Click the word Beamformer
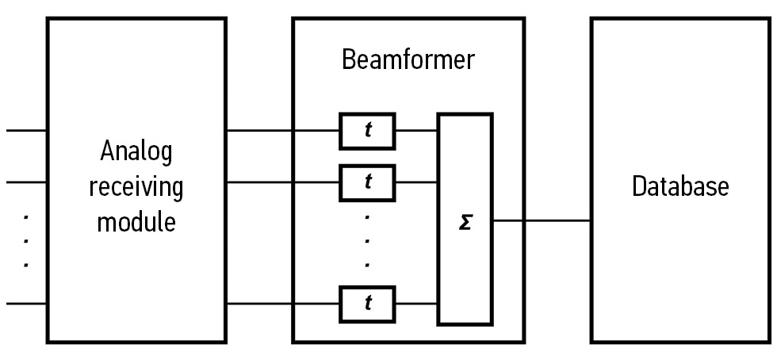[x=408, y=60]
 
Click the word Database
[x=679, y=187]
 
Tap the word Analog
[x=136, y=151]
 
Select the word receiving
[x=136, y=187]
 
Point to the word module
[x=136, y=221]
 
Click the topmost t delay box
[x=368, y=131]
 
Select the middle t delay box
[x=368, y=182]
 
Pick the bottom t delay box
[x=368, y=302]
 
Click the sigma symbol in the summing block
[x=465, y=220]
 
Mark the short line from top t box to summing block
[x=416, y=131]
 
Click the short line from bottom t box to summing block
[x=416, y=302]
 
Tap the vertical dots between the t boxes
[x=367, y=240]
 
